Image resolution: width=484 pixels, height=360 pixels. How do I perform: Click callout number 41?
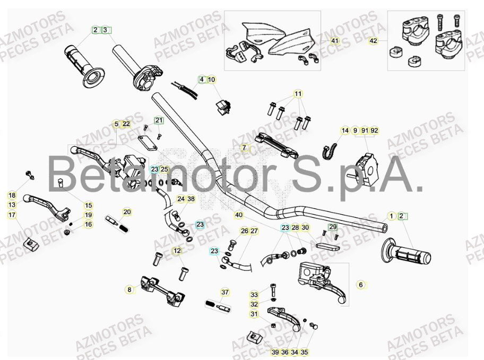tap(334, 41)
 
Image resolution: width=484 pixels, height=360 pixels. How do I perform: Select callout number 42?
tap(374, 41)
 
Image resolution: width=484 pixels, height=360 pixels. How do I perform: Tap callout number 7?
tap(244, 148)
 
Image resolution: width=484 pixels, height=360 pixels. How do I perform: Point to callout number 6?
tap(361, 285)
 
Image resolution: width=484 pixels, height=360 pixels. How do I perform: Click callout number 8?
tap(129, 289)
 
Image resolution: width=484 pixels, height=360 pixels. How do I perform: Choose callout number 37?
tap(224, 292)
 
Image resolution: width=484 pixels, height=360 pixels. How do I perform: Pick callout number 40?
tap(239, 215)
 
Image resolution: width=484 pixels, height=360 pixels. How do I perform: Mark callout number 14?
tap(345, 130)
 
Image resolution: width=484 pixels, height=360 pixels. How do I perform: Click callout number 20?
tap(127, 212)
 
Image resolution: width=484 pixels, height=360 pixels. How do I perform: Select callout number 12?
tap(177, 251)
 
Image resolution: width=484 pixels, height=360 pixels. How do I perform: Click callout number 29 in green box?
tap(333, 227)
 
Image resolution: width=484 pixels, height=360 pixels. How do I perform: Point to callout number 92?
tap(375, 130)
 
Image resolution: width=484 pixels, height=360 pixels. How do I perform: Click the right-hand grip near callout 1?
tap(406, 254)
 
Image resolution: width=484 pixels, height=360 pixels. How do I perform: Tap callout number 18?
tap(12, 195)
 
